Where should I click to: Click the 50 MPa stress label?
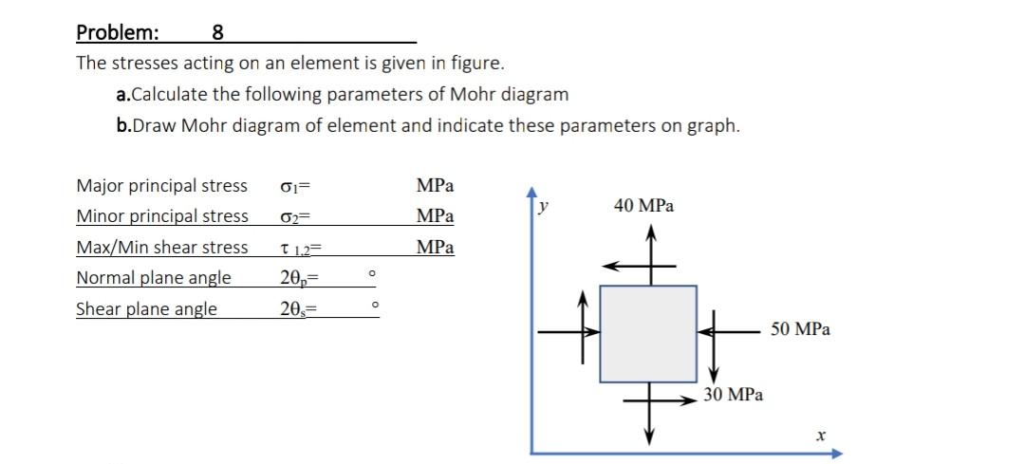800,329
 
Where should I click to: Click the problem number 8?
217,33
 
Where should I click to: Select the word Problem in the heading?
118,33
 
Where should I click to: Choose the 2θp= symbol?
298,278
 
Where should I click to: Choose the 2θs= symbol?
298,309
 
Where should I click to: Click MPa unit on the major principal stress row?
435,185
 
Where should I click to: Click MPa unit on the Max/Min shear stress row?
435,247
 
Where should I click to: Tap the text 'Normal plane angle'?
153,278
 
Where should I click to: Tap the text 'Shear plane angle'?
146,309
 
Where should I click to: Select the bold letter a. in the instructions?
121,95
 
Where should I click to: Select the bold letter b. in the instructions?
122,126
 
